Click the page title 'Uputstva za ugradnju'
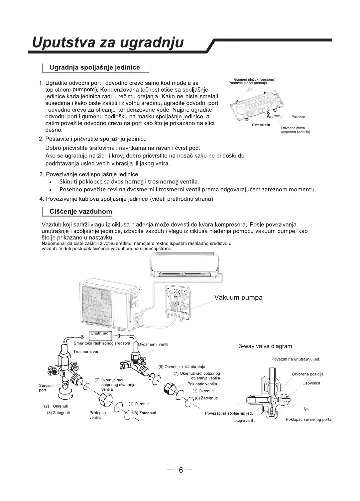(x=108, y=43)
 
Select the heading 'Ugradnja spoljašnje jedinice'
(x=94, y=67)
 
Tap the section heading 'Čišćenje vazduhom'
(x=81, y=211)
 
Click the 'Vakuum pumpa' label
(x=238, y=297)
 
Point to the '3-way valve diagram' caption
(x=265, y=346)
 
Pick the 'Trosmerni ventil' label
(x=88, y=351)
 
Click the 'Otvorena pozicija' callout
(x=307, y=374)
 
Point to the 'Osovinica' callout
(x=311, y=383)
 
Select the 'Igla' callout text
(x=306, y=409)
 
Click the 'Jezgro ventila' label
(x=245, y=421)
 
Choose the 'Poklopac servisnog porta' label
(x=308, y=419)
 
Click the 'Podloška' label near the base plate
(x=298, y=117)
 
